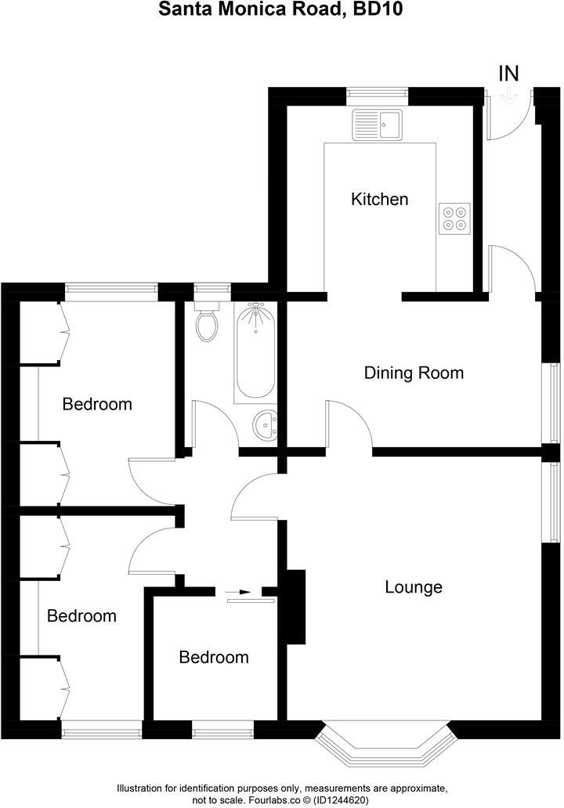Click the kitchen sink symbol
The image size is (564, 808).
click(377, 124)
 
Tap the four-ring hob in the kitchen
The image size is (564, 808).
click(455, 218)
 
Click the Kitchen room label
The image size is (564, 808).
click(379, 199)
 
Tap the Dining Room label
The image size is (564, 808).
click(414, 373)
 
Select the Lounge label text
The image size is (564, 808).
click(414, 587)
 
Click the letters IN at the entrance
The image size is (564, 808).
click(509, 74)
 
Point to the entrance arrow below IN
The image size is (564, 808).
click(509, 96)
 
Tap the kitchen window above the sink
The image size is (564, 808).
click(378, 95)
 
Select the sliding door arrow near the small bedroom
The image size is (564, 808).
click(243, 592)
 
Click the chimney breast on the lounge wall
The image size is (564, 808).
click(295, 607)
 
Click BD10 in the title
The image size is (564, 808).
click(381, 10)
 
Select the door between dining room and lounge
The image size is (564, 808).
click(349, 427)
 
